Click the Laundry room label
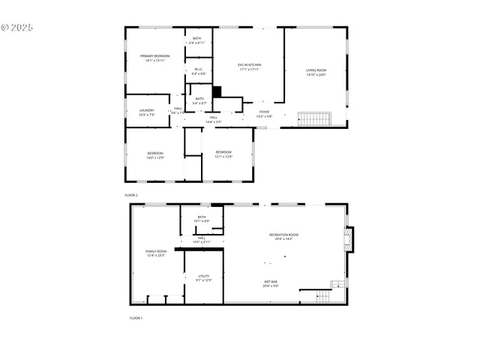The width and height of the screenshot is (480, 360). click(x=145, y=112)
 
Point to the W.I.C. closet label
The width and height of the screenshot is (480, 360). click(x=198, y=72)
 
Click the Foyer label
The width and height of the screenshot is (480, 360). click(x=264, y=113)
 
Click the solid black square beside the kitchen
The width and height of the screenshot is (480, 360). click(x=217, y=92)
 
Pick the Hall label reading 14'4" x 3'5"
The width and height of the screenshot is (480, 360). click(x=213, y=119)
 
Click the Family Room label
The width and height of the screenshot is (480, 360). click(x=155, y=253)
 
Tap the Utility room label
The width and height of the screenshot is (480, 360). click(x=203, y=277)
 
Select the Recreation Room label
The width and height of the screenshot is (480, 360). click(x=285, y=236)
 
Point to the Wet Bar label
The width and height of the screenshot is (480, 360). click(x=271, y=283)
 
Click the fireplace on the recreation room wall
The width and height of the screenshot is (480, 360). click(x=348, y=238)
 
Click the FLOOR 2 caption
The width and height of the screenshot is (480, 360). click(x=132, y=194)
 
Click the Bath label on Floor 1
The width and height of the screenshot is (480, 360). click(x=202, y=219)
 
